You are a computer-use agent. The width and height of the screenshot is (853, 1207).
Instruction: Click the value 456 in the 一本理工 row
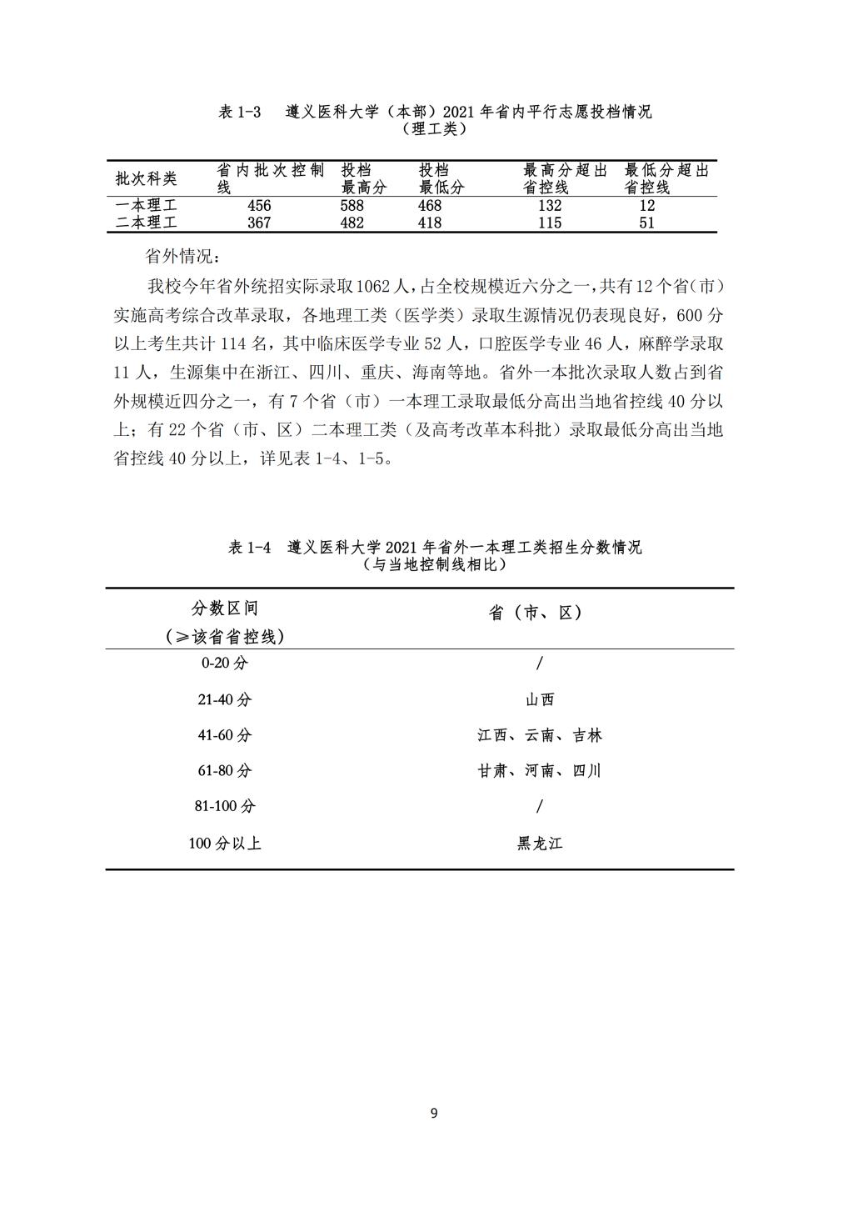click(259, 206)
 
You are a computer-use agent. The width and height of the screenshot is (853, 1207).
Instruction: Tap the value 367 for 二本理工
click(259, 223)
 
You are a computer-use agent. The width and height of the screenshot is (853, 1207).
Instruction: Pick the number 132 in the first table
click(550, 206)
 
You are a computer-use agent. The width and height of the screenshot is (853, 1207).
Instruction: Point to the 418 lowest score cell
click(430, 223)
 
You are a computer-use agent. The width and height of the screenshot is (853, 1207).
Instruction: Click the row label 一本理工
click(147, 206)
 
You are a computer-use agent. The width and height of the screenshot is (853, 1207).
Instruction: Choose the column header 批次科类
click(147, 179)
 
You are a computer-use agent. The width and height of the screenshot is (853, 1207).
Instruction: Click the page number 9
click(434, 1113)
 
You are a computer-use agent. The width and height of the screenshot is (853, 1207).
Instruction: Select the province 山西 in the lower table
click(540, 700)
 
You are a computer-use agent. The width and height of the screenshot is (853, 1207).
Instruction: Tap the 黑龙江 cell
click(540, 844)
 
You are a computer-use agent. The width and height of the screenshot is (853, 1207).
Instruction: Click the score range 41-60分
click(224, 735)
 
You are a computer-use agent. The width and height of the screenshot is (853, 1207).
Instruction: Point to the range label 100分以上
click(224, 844)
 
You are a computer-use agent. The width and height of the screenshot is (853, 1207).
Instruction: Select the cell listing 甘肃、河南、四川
click(540, 771)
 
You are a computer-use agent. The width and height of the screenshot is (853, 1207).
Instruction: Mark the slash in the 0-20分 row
click(540, 664)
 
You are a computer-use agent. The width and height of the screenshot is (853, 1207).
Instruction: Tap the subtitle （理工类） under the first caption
click(434, 129)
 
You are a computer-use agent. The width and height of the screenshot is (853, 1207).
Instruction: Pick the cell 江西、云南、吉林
click(540, 735)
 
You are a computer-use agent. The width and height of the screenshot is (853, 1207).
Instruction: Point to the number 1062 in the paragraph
click(374, 287)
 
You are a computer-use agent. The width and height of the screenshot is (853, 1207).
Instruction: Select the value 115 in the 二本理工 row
click(550, 223)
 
